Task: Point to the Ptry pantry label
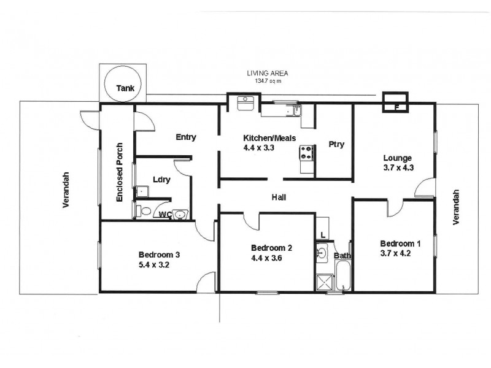click(336, 145)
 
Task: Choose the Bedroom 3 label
click(159, 255)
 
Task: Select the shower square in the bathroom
click(323, 283)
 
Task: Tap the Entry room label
click(185, 137)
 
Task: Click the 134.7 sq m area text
click(266, 80)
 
